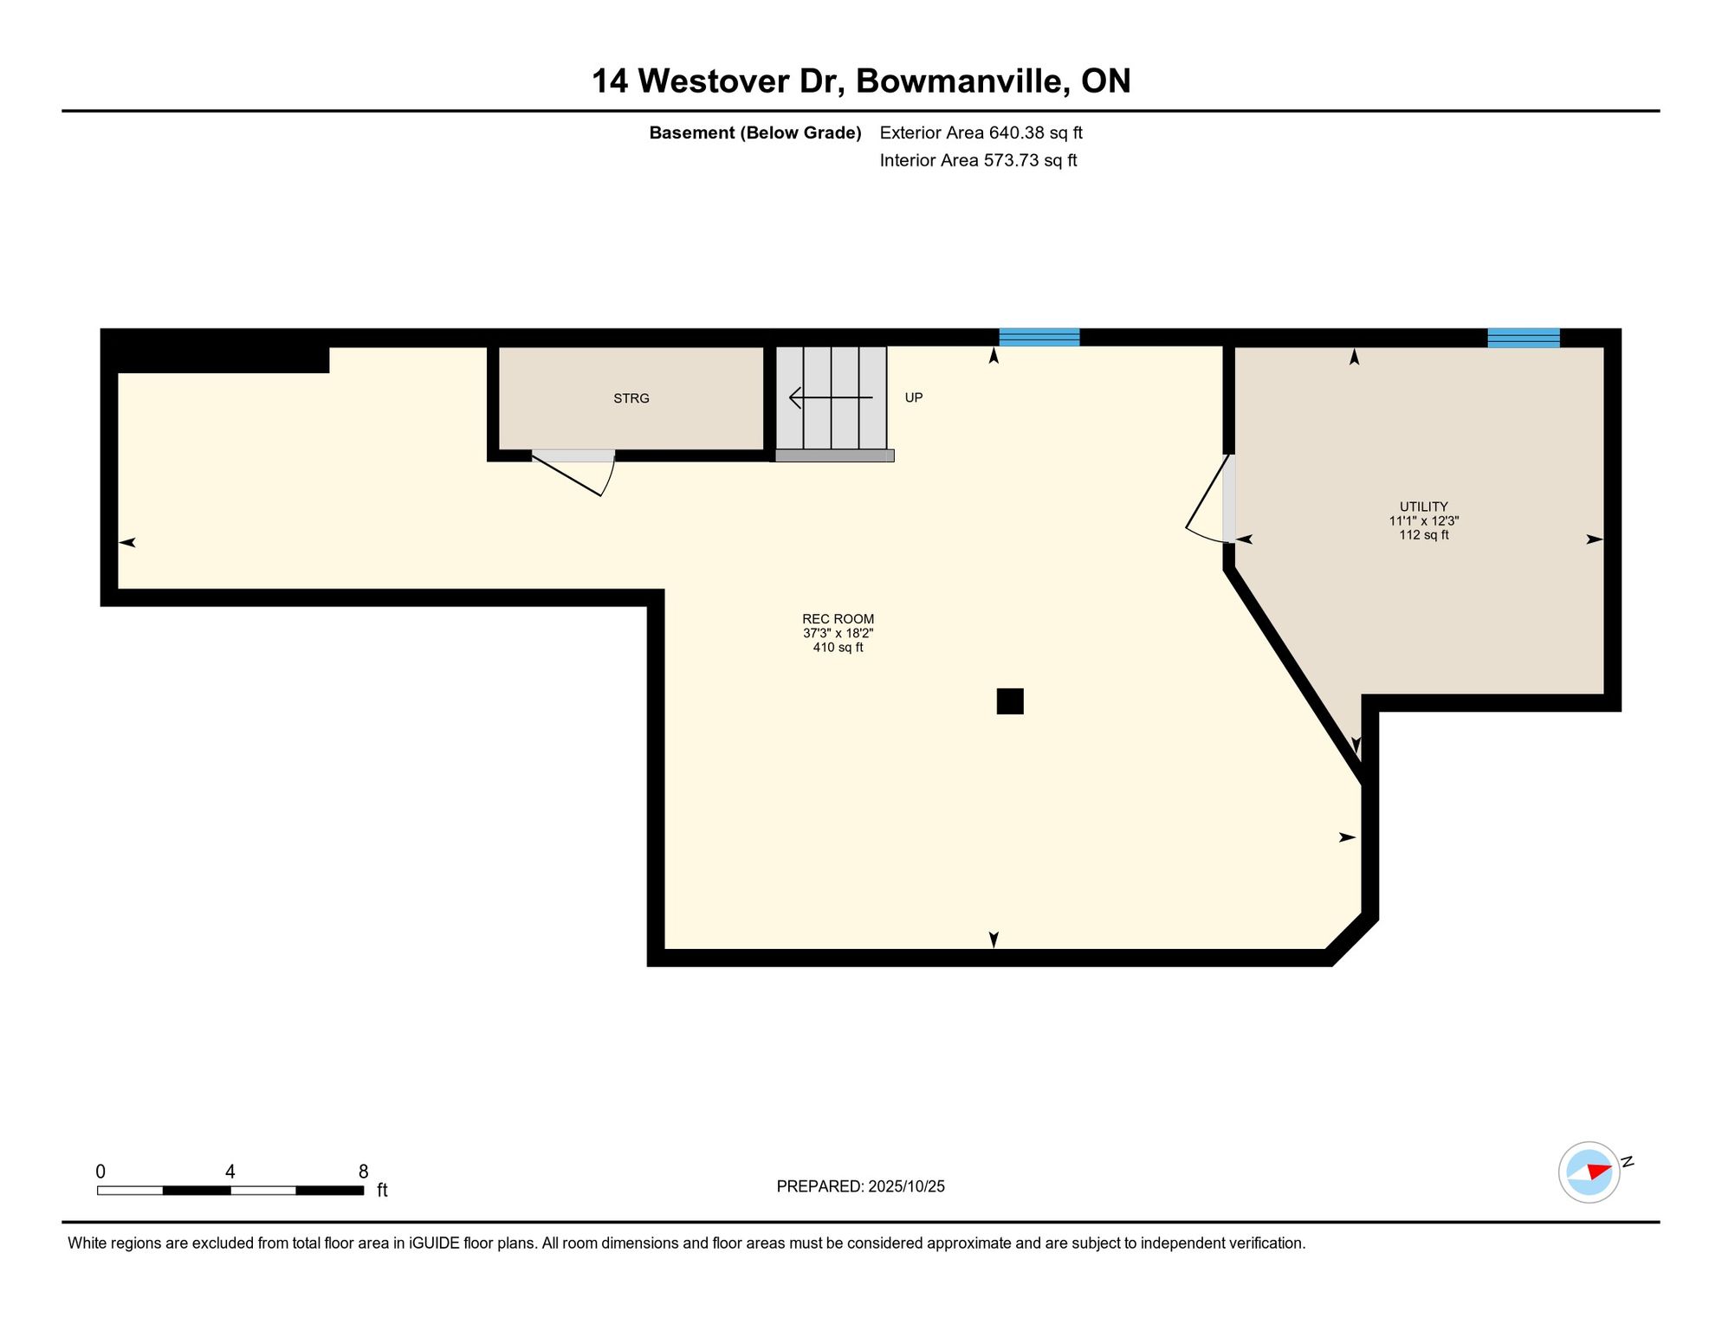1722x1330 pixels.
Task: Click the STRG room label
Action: coord(631,398)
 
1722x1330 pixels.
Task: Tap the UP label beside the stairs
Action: coord(914,397)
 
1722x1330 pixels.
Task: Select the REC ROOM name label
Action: coord(838,619)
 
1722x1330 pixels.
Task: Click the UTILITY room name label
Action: coord(1423,507)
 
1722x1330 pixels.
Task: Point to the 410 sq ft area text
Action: coord(838,648)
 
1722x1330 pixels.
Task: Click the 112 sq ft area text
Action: coord(1423,535)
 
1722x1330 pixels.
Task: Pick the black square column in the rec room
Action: coord(1010,701)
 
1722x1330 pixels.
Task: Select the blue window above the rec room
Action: coord(1039,338)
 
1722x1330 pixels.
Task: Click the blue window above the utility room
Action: coord(1524,338)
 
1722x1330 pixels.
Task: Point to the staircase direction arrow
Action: coord(831,397)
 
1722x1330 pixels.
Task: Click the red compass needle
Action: coord(1599,1172)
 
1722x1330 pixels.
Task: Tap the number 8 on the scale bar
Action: coord(363,1172)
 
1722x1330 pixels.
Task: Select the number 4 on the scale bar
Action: coord(230,1172)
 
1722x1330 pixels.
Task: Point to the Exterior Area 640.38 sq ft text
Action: coord(981,132)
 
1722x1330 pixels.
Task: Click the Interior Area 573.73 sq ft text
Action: coord(978,160)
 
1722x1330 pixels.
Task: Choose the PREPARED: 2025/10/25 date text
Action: coord(860,1186)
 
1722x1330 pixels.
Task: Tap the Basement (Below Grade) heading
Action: coord(755,132)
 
